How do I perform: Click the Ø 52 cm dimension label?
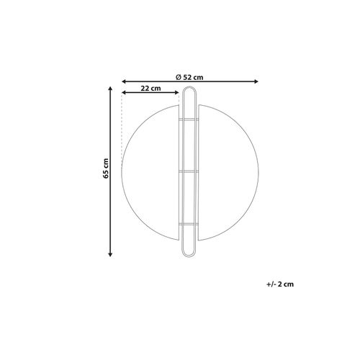[189, 76]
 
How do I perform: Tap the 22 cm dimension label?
[150, 88]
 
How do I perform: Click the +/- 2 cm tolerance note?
[279, 284]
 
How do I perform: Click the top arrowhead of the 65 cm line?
[109, 89]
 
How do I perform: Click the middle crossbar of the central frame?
[189, 171]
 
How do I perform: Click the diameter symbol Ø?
[178, 76]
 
